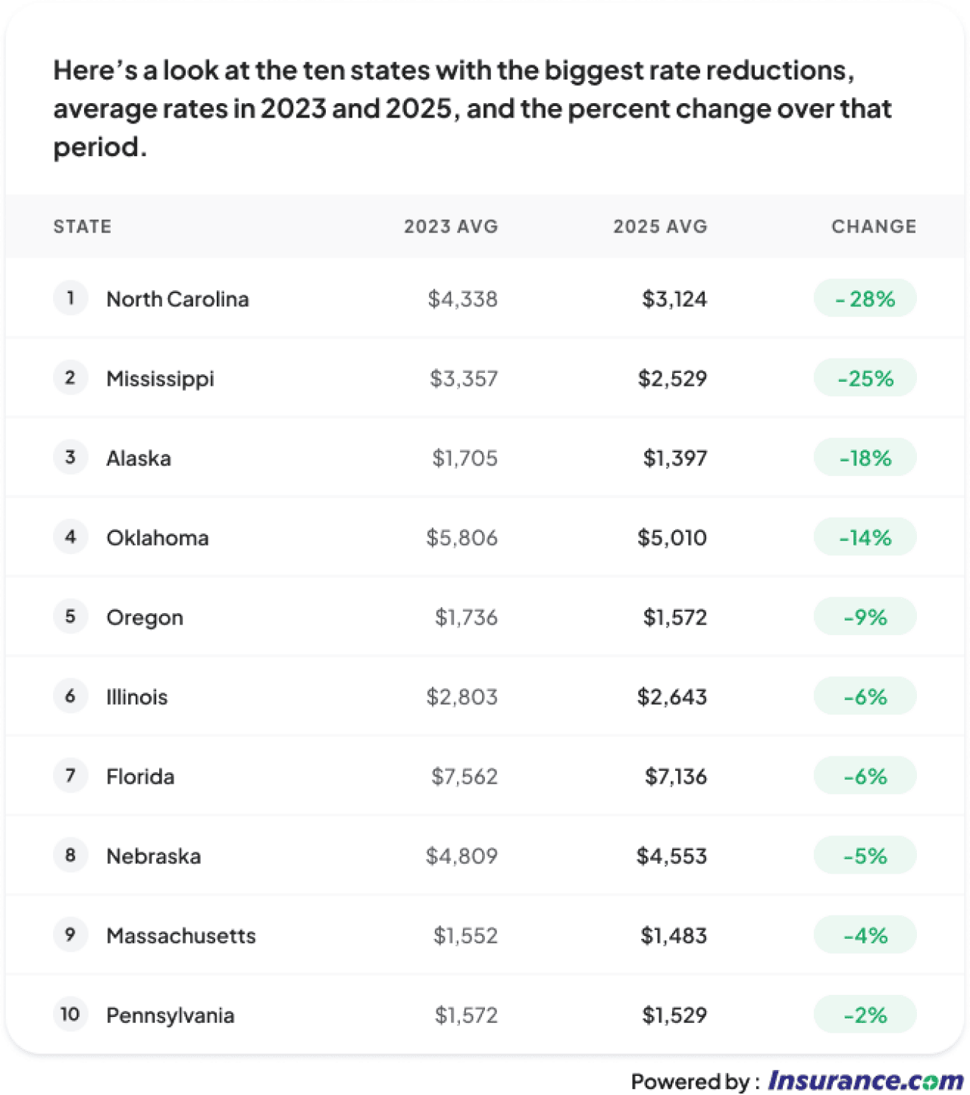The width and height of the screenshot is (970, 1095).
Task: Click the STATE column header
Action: tap(82, 226)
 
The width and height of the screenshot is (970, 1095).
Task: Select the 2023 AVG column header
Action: tap(450, 226)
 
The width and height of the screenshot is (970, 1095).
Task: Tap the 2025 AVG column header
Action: tap(659, 226)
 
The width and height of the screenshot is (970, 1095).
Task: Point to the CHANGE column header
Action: tap(873, 226)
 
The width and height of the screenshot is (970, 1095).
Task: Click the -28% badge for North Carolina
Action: tap(865, 299)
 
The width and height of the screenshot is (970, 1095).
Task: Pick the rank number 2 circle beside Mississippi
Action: tap(70, 377)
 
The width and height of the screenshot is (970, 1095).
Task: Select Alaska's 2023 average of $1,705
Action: tap(465, 458)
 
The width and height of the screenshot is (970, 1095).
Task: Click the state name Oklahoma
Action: tap(158, 537)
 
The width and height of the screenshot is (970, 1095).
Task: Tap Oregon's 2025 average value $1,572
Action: tap(674, 617)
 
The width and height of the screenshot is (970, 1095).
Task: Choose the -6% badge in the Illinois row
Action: tap(865, 696)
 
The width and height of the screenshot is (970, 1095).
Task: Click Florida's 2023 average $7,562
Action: tap(464, 776)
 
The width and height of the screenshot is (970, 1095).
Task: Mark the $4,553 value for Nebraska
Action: tap(671, 856)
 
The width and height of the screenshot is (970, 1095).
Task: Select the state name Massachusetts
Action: tap(181, 935)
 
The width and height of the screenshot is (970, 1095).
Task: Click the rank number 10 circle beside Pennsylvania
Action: tap(70, 1014)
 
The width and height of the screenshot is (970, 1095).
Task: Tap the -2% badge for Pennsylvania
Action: tap(865, 1015)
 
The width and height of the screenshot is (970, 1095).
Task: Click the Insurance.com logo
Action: tap(865, 1080)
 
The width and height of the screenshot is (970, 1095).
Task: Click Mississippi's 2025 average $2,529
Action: tap(672, 378)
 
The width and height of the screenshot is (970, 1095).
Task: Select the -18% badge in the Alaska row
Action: tap(865, 458)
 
